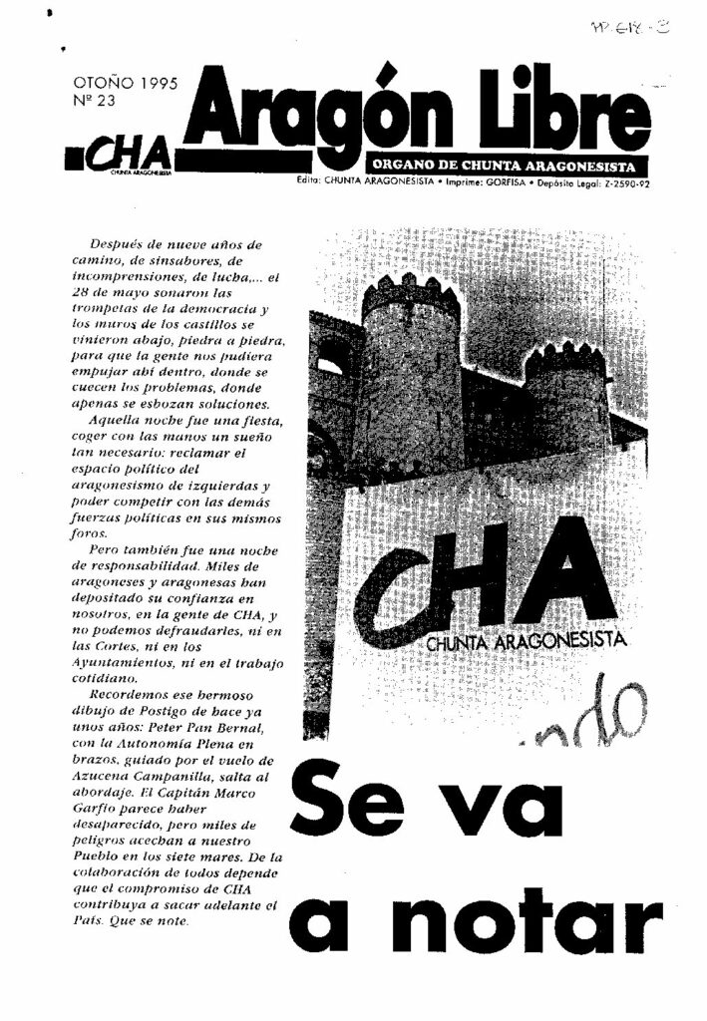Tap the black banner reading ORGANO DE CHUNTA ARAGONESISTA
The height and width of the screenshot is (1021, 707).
(507, 166)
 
